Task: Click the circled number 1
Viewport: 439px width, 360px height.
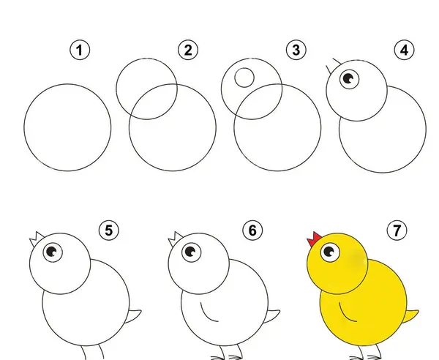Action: coord(80,50)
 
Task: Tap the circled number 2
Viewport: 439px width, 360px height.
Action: coord(188,50)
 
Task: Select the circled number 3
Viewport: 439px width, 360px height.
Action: coord(296,50)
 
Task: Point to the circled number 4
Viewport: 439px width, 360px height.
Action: coord(405,50)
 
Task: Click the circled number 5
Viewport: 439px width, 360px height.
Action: coord(109,230)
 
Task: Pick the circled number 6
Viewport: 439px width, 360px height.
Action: coord(252,230)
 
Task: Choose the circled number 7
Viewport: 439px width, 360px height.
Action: coord(397,230)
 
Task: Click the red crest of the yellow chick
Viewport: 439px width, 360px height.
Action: coord(314,239)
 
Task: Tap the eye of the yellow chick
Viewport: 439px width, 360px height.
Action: coord(330,252)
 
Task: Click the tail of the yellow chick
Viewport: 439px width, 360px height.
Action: coord(411,316)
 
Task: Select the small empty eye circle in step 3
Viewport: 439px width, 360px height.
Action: coord(244,78)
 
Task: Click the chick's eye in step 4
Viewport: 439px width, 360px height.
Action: coord(350,79)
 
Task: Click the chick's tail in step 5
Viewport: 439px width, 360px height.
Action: coord(133,316)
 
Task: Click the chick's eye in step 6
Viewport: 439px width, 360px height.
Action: coord(192,252)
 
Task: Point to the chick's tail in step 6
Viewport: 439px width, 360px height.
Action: coord(272,316)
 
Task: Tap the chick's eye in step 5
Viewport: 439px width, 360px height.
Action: coord(53,252)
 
